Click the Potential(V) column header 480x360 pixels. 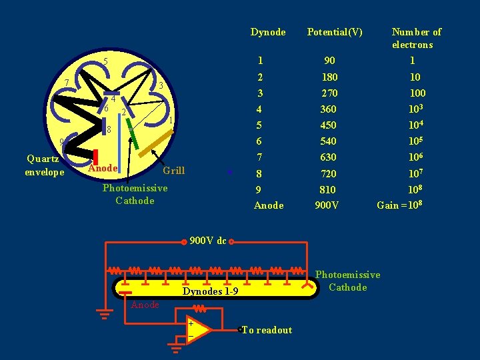(334, 32)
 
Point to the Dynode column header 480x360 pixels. (268, 32)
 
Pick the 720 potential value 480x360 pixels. (328, 173)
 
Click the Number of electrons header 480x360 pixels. (417, 38)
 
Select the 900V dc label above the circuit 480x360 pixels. (208, 241)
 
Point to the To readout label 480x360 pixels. (267, 330)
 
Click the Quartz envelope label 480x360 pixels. (43, 165)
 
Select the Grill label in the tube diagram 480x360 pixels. (173, 171)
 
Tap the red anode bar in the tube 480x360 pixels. (96, 156)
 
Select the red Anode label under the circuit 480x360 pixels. (145, 305)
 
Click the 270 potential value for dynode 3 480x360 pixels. (329, 93)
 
